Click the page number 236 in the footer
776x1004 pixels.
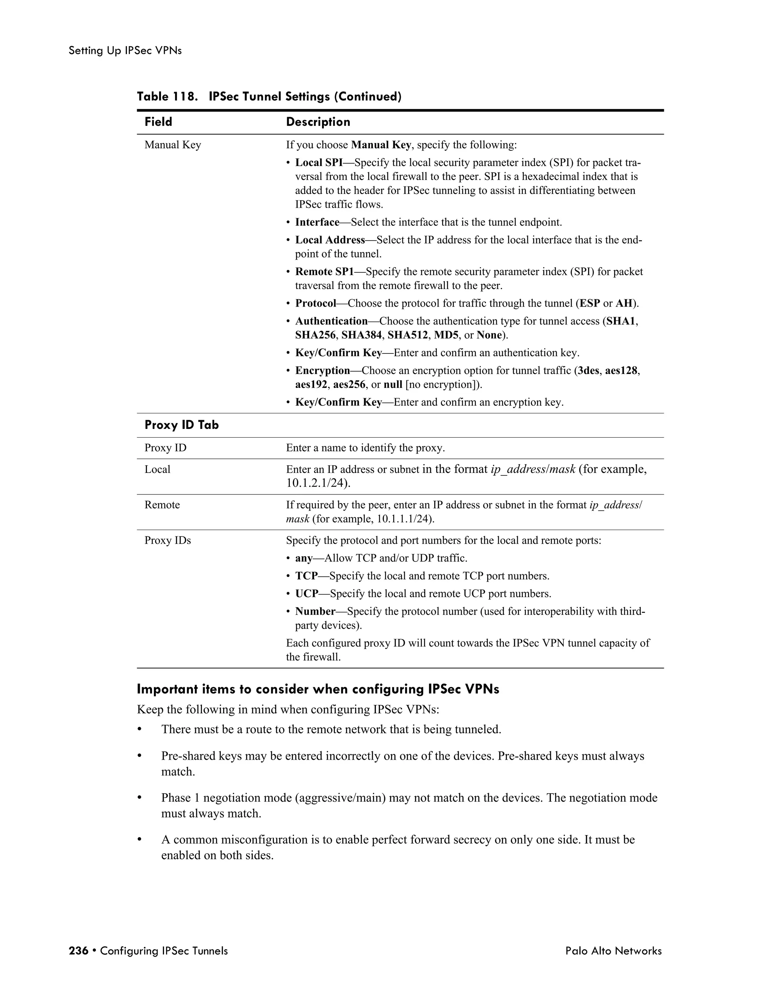pos(78,951)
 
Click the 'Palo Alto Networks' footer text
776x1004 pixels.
pos(613,951)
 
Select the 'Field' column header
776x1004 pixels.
pos(158,122)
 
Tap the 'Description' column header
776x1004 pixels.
pos(318,122)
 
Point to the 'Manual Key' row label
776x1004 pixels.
pos(173,145)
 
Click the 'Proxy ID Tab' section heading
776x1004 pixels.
pos(181,425)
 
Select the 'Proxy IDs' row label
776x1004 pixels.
pos(168,540)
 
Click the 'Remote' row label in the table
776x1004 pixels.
pos(162,505)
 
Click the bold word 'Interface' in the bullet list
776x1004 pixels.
pos(317,222)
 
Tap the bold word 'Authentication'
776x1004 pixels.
pos(332,321)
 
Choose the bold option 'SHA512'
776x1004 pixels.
pos(408,335)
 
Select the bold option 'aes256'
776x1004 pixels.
pos(349,384)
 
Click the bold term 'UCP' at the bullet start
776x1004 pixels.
pos(307,594)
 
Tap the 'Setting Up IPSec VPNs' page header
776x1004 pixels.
pos(125,50)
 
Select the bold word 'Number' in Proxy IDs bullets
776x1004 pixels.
pos(315,611)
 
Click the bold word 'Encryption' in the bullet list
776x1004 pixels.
pos(323,371)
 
